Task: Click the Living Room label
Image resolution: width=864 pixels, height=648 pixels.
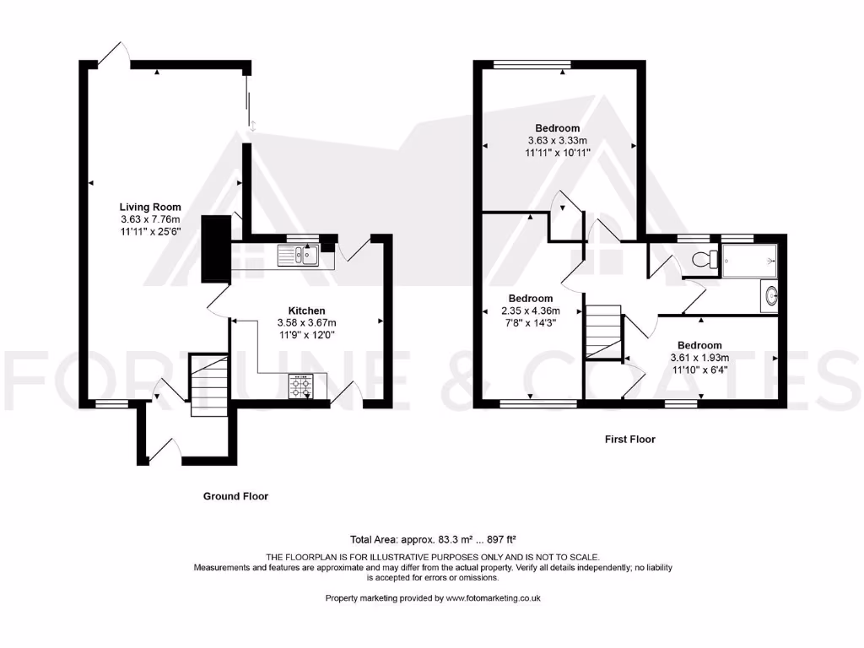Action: pyautogui.click(x=150, y=207)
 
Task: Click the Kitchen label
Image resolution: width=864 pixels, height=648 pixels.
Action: pyautogui.click(x=306, y=310)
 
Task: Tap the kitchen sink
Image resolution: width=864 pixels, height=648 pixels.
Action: pyautogui.click(x=300, y=254)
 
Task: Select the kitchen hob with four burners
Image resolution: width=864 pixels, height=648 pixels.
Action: pyautogui.click(x=300, y=386)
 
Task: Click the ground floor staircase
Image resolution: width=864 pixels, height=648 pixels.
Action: pyautogui.click(x=209, y=386)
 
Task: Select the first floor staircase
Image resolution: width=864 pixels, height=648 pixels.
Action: pyautogui.click(x=602, y=332)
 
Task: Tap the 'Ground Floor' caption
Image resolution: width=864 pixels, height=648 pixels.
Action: pyautogui.click(x=235, y=496)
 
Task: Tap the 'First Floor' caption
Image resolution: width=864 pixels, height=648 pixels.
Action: pyautogui.click(x=629, y=439)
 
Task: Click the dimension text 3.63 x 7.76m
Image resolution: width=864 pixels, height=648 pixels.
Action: pyautogui.click(x=150, y=219)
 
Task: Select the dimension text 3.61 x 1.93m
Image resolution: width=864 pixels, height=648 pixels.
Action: pyautogui.click(x=699, y=357)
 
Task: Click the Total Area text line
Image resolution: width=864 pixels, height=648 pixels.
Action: pyautogui.click(x=432, y=539)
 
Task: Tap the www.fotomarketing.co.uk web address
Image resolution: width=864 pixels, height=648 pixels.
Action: pyautogui.click(x=493, y=597)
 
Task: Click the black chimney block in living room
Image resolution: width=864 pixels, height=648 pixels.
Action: pyautogui.click(x=217, y=250)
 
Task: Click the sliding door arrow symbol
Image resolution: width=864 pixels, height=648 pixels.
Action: pyautogui.click(x=251, y=127)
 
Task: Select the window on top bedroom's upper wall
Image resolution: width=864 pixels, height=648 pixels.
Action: pyautogui.click(x=532, y=64)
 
